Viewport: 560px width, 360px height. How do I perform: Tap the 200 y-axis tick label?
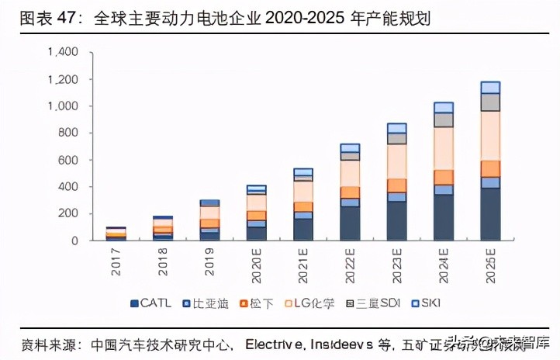[69, 213]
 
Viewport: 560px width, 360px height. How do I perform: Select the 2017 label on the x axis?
[117, 261]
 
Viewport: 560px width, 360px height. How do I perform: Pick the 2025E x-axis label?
[491, 264]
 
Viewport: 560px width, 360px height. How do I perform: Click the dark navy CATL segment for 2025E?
[490, 214]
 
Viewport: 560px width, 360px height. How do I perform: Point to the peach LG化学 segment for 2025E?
[490, 136]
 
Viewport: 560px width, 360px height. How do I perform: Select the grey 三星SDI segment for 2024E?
[444, 119]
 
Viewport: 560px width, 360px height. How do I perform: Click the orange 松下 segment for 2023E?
[397, 185]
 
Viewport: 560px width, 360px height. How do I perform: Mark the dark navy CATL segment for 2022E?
[351, 223]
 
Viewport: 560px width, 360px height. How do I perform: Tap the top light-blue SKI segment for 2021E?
[303, 171]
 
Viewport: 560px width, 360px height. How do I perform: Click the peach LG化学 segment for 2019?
[210, 212]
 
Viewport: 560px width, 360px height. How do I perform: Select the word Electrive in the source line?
[275, 343]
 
